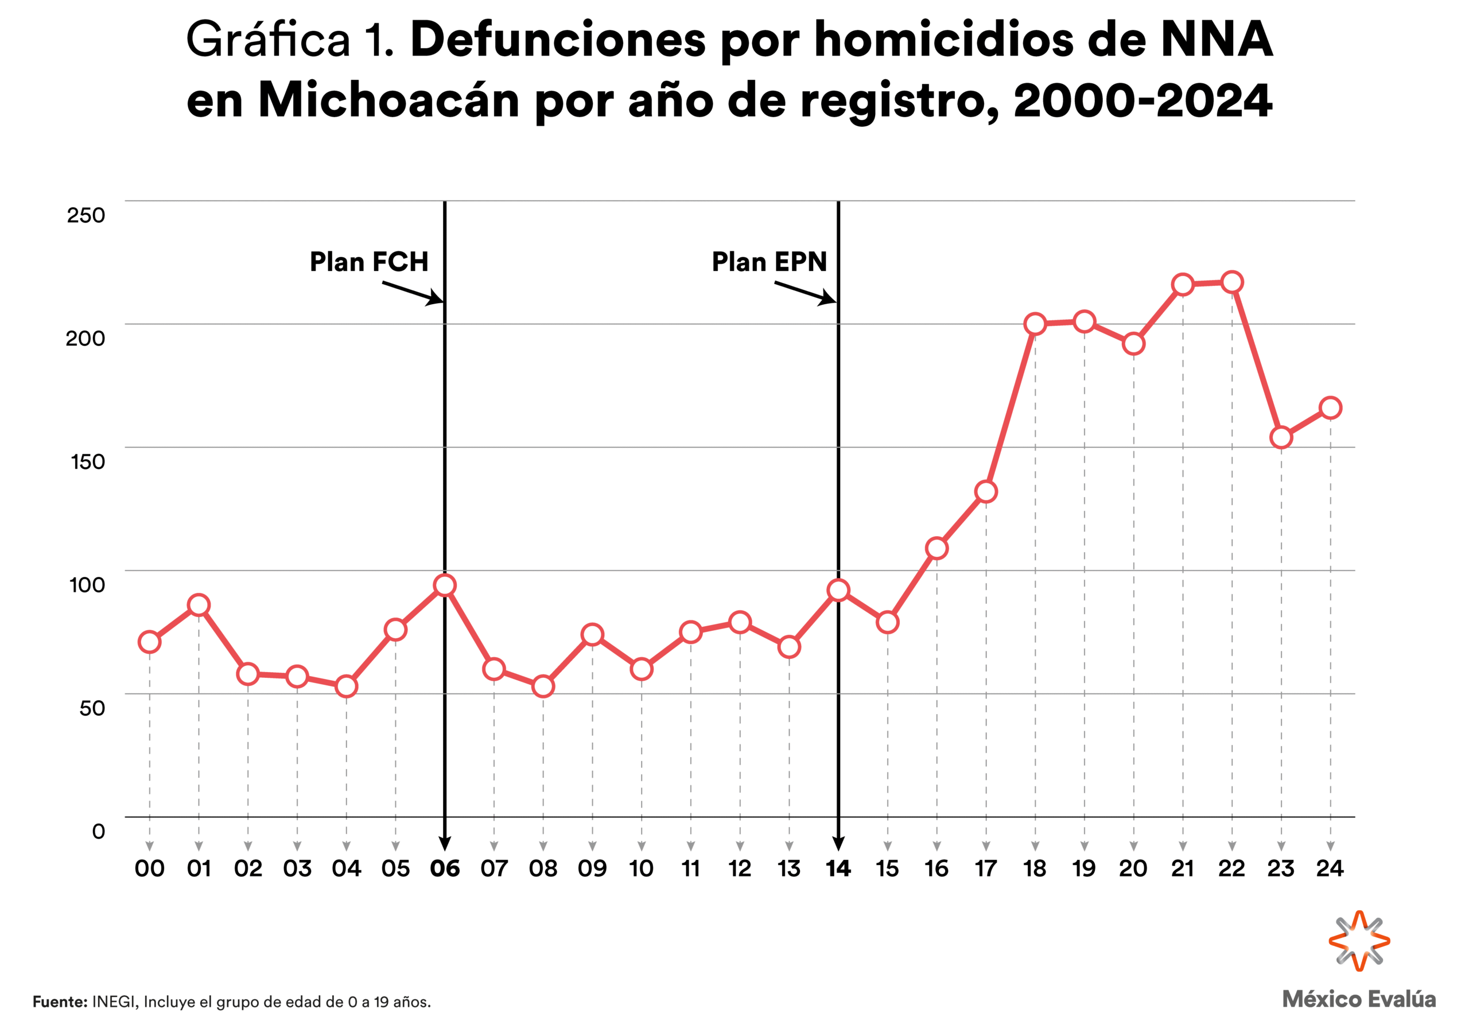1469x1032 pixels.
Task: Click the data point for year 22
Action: coord(1231,282)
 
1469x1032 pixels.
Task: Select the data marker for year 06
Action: coord(445,585)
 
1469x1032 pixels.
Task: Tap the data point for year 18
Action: coord(1035,324)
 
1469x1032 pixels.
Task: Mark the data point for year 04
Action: coord(346,686)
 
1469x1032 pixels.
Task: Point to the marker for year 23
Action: coord(1281,437)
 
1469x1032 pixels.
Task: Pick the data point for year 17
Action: coord(986,492)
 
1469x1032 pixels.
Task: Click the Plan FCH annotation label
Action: coord(368,262)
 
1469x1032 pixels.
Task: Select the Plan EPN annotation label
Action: coord(769,262)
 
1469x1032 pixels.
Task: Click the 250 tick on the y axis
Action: coord(86,215)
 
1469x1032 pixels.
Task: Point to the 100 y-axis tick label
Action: coord(87,585)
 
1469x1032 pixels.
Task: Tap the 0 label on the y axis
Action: coord(99,831)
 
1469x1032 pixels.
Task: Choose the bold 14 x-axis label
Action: coord(838,869)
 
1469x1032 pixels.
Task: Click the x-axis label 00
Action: coord(150,869)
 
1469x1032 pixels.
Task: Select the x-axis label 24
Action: coord(1330,869)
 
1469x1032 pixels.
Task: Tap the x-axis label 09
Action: coord(592,869)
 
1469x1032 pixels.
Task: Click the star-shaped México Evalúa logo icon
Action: coord(1359,941)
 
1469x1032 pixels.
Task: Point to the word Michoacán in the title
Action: coord(389,100)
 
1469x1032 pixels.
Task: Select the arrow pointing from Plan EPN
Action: coord(805,293)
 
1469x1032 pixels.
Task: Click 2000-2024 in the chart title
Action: coord(1142,100)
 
